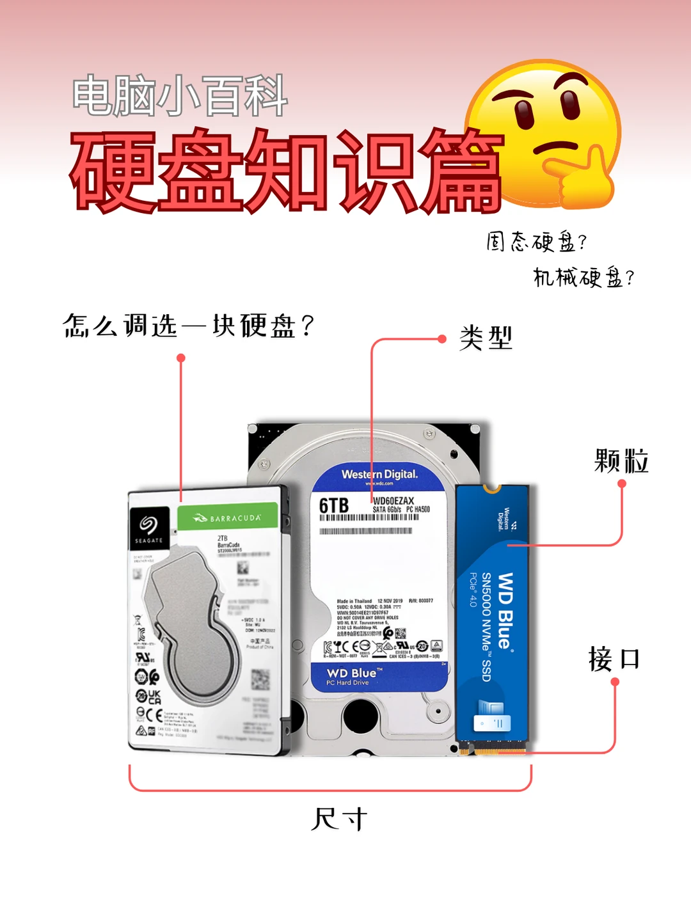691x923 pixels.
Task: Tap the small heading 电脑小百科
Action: pyautogui.click(x=179, y=97)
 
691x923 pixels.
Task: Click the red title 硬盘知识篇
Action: pyautogui.click(x=285, y=171)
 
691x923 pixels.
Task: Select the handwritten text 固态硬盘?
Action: pyautogui.click(x=536, y=242)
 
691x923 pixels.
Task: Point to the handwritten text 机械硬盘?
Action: pyautogui.click(x=584, y=277)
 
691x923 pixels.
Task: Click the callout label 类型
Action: pyautogui.click(x=486, y=337)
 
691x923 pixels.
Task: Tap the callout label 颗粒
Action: pyautogui.click(x=621, y=461)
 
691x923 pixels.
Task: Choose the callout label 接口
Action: pyautogui.click(x=614, y=658)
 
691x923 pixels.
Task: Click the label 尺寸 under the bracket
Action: pyautogui.click(x=339, y=819)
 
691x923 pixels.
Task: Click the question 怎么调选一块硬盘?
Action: pyautogui.click(x=188, y=326)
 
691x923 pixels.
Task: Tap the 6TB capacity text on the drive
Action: pyautogui.click(x=334, y=506)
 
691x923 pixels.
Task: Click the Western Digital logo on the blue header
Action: pyautogui.click(x=379, y=475)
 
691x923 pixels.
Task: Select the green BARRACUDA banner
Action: pyautogui.click(x=227, y=517)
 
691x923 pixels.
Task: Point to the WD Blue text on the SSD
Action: pyautogui.click(x=505, y=610)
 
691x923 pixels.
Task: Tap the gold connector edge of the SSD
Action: pyautogui.click(x=491, y=746)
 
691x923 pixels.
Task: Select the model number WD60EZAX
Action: pyautogui.click(x=393, y=501)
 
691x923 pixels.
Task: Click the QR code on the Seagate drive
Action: pyautogui.click(x=260, y=679)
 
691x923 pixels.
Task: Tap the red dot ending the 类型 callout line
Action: pyautogui.click(x=441, y=339)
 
